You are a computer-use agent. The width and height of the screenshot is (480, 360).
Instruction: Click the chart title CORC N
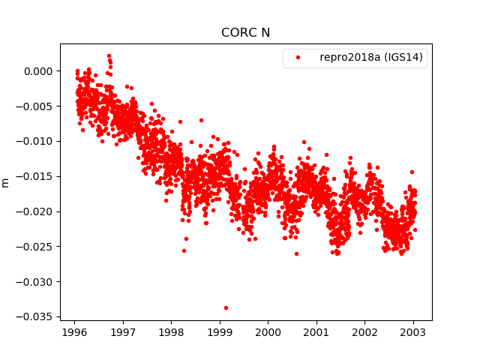click(245, 33)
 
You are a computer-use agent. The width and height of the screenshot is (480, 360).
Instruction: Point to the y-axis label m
click(6, 182)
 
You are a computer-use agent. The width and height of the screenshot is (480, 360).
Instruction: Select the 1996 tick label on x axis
click(74, 331)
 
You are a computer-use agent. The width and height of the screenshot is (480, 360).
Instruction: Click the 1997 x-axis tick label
click(123, 331)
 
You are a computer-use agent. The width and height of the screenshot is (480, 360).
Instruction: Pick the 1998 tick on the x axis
click(171, 331)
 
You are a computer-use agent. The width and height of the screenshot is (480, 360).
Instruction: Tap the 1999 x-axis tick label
click(220, 331)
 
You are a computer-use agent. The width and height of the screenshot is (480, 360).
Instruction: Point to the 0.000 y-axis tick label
click(38, 71)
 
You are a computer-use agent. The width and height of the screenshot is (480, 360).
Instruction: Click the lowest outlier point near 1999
click(226, 307)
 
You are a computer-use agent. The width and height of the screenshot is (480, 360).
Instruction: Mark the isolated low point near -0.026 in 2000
click(296, 253)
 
